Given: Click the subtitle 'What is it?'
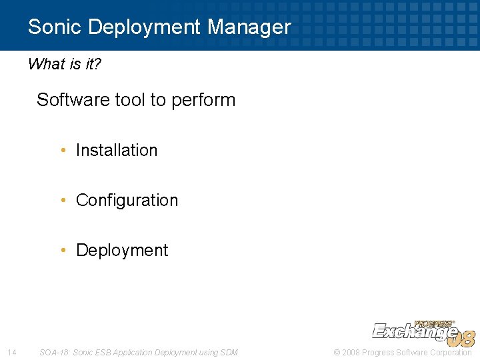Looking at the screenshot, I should pyautogui.click(x=64, y=64).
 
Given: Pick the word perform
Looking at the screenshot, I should pyautogui.click(x=203, y=101).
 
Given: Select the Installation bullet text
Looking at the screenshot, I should pyautogui.click(x=117, y=150).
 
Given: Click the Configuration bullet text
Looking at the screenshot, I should pyautogui.click(x=127, y=200).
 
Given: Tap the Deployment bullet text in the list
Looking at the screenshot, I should pyautogui.click(x=122, y=250).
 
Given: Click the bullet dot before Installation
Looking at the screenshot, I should pyautogui.click(x=63, y=150).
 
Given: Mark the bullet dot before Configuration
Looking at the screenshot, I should pyautogui.click(x=63, y=200).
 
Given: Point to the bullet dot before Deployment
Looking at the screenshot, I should pyautogui.click(x=63, y=250).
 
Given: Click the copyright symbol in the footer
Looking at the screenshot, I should pyautogui.click(x=336, y=352).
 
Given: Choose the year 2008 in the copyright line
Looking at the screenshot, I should pyautogui.click(x=350, y=352).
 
